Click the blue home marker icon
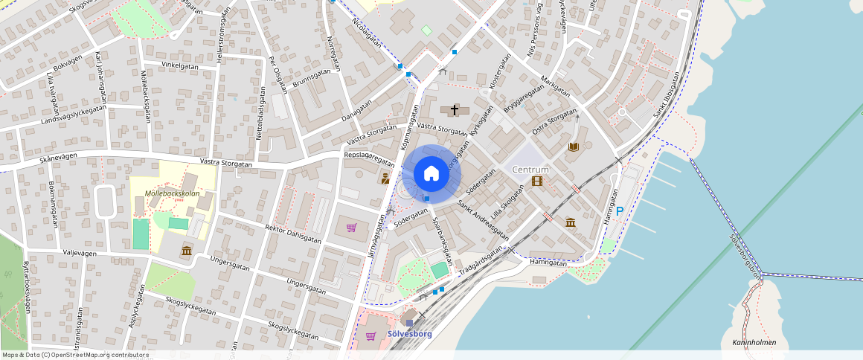(x=431, y=173)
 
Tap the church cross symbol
(x=454, y=110)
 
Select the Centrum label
(x=531, y=170)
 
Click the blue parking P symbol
(x=620, y=211)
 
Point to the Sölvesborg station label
(x=409, y=334)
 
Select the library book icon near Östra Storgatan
(x=573, y=147)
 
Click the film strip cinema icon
(x=537, y=181)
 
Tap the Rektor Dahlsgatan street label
(x=293, y=234)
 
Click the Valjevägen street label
(x=80, y=253)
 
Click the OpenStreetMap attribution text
(x=75, y=355)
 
